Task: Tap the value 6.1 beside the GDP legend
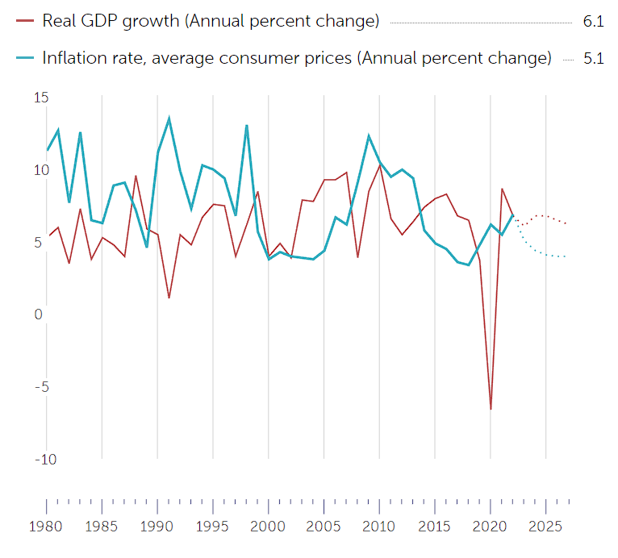click(x=593, y=23)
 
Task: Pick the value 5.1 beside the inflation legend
click(x=593, y=59)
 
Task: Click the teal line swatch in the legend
click(x=26, y=58)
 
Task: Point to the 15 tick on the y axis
click(x=41, y=98)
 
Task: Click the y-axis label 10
click(x=41, y=170)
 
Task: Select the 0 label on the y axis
click(x=38, y=314)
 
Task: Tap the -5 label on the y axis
click(x=40, y=387)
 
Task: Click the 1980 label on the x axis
click(x=45, y=527)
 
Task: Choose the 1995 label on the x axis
click(x=212, y=527)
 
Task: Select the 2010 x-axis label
click(x=379, y=527)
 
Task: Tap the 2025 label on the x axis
click(x=546, y=527)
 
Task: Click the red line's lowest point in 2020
click(x=491, y=409)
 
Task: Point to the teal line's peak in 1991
click(x=169, y=119)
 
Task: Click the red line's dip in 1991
click(x=169, y=298)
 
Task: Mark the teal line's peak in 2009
click(x=369, y=135)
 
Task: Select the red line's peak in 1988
click(x=136, y=176)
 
